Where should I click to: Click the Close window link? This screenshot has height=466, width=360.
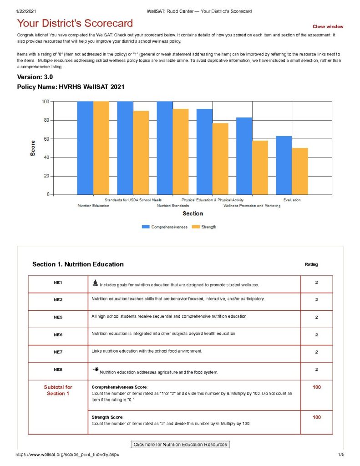pyautogui.click(x=328, y=27)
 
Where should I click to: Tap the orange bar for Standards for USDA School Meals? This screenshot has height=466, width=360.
pyautogui.click(x=141, y=152)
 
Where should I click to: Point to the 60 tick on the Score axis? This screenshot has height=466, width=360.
pyautogui.click(x=46, y=139)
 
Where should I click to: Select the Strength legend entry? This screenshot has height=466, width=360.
pyautogui.click(x=205, y=227)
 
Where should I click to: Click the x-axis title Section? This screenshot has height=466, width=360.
pyautogui.click(x=193, y=213)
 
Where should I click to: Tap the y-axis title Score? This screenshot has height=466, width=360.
pyautogui.click(x=33, y=148)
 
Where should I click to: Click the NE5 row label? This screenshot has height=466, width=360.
pyautogui.click(x=58, y=317)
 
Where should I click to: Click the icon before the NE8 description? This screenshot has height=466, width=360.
pyautogui.click(x=95, y=370)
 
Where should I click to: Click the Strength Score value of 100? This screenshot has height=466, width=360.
pyautogui.click(x=316, y=417)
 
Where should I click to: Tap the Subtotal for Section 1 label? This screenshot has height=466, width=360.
pyautogui.click(x=58, y=390)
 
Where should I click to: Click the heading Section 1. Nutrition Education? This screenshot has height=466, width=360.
pyautogui.click(x=78, y=264)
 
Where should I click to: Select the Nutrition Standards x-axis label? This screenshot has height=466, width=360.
pyautogui.click(x=173, y=206)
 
